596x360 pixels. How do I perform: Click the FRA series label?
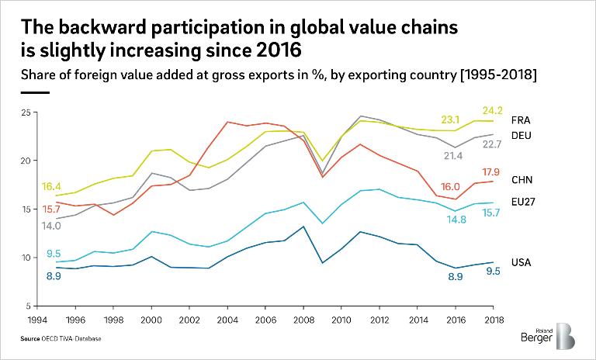521,121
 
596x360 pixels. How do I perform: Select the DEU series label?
521,134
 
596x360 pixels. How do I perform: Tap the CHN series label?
521,180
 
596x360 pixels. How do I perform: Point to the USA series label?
521,262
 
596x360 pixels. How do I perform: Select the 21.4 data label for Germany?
452,156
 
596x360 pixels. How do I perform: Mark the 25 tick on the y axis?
25,113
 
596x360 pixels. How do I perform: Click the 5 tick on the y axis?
27,306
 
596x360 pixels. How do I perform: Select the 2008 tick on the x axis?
304,319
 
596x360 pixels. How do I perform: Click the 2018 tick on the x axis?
494,319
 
